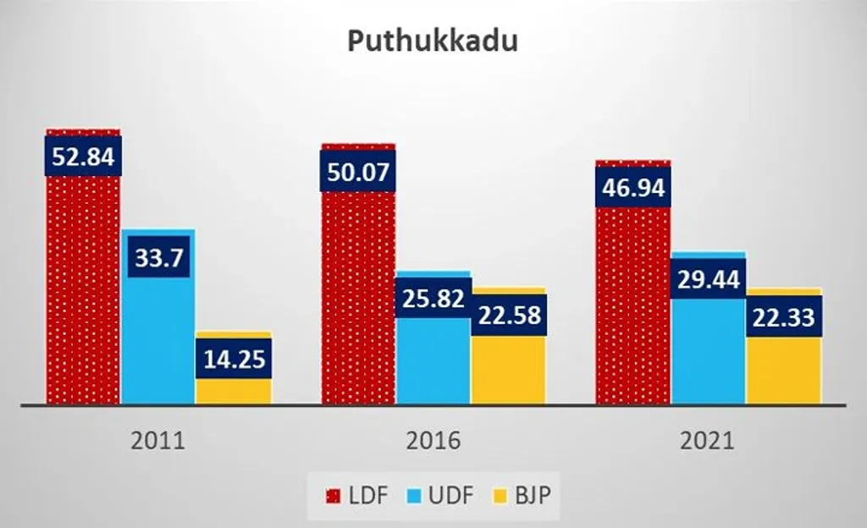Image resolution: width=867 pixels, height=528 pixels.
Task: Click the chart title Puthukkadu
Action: [433, 41]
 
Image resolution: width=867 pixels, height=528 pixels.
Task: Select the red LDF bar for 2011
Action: [83, 288]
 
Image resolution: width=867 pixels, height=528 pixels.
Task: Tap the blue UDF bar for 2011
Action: [158, 338]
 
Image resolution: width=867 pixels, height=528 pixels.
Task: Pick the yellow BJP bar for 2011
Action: [234, 390]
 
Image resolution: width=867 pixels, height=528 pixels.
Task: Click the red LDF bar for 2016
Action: [358, 296]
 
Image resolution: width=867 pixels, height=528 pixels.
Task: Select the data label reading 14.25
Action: [234, 359]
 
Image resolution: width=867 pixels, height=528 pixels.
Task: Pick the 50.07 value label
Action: [358, 172]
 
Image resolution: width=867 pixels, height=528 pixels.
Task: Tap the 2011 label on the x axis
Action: [158, 441]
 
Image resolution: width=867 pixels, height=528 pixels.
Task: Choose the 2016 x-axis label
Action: [433, 441]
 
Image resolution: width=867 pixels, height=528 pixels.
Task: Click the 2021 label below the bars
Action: [708, 441]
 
